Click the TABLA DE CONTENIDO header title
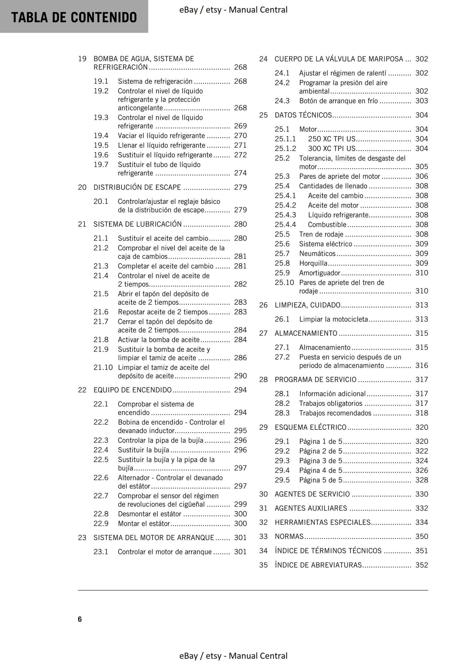click(74, 17)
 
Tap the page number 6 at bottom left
click(80, 619)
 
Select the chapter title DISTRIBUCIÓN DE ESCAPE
click(137, 187)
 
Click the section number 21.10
click(103, 368)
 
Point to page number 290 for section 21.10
click(240, 376)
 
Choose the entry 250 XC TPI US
click(332, 139)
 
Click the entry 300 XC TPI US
click(332, 149)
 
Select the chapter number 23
click(82, 538)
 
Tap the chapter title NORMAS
click(289, 537)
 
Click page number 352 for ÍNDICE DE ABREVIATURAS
click(421, 565)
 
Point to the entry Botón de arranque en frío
click(338, 101)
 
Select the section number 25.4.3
click(285, 215)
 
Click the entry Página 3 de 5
click(320, 461)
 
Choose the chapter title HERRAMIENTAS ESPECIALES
click(322, 522)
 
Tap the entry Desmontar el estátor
click(149, 514)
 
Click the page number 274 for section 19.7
click(240, 173)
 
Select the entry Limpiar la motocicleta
click(333, 319)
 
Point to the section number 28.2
click(282, 403)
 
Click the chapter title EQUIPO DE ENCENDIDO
click(133, 390)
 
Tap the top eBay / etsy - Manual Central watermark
click(233, 10)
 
